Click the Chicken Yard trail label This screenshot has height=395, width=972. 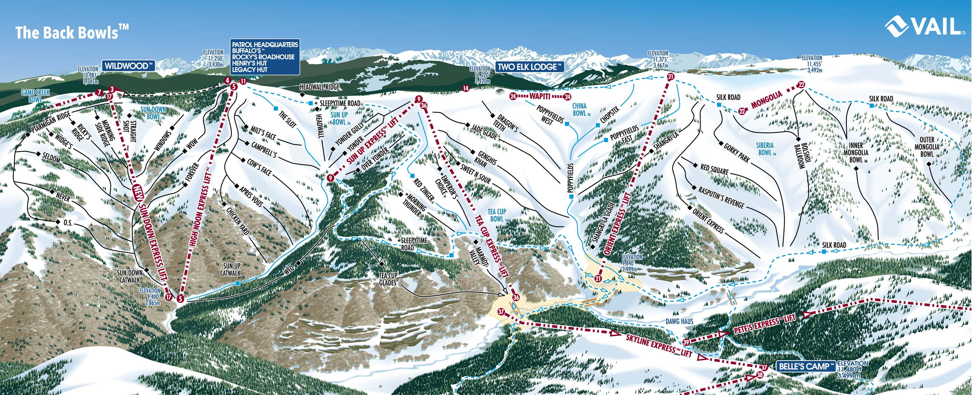point(238,220)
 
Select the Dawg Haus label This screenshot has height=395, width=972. point(679,321)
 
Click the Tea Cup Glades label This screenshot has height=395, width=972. point(388,279)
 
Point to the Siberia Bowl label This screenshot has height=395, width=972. point(765,149)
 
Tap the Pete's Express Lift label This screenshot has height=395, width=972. point(764,324)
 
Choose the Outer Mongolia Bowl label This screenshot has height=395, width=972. point(927,147)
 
